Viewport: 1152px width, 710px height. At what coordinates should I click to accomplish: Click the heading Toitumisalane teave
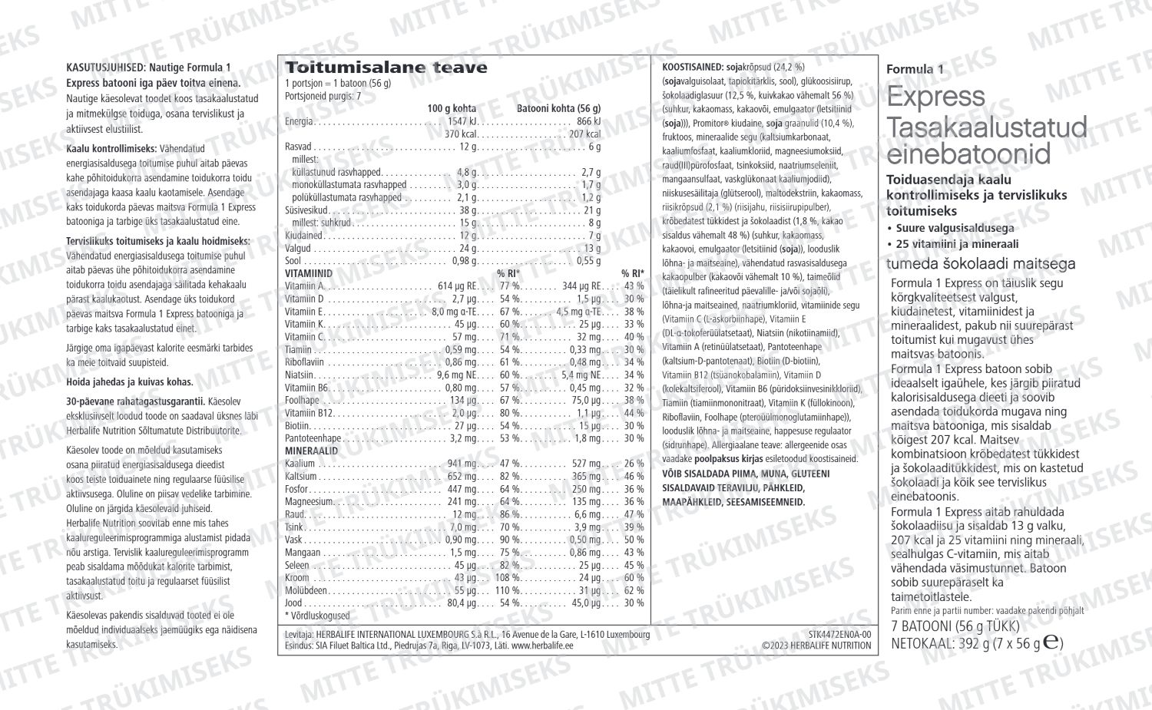[x=386, y=68]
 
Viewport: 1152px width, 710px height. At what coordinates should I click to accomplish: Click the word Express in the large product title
[x=935, y=97]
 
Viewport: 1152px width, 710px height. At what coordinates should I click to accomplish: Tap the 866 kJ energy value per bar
[x=588, y=121]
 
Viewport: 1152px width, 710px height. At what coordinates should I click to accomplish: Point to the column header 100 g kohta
[x=452, y=108]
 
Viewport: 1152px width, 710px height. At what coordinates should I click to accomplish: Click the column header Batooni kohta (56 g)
[x=558, y=108]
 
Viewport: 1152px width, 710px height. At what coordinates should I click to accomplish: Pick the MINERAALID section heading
[x=311, y=451]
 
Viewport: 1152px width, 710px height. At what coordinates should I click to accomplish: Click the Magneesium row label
[x=309, y=502]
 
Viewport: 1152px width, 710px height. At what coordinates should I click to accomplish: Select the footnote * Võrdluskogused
[x=317, y=616]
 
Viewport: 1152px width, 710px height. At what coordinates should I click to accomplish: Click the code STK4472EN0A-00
[x=839, y=635]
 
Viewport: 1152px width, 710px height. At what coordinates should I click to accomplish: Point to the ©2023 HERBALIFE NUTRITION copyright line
[x=816, y=646]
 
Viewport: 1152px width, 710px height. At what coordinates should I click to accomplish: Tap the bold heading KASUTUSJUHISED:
[x=106, y=68]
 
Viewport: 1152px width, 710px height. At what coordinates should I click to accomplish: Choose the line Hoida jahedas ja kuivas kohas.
[x=130, y=381]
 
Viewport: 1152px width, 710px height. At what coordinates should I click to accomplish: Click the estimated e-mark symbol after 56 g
[x=1052, y=642]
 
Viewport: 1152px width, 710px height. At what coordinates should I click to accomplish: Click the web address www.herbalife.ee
[x=542, y=646]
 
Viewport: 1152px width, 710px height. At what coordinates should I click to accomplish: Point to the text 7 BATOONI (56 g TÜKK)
[x=955, y=626]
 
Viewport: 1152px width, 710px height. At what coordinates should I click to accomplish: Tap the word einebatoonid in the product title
[x=968, y=154]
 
